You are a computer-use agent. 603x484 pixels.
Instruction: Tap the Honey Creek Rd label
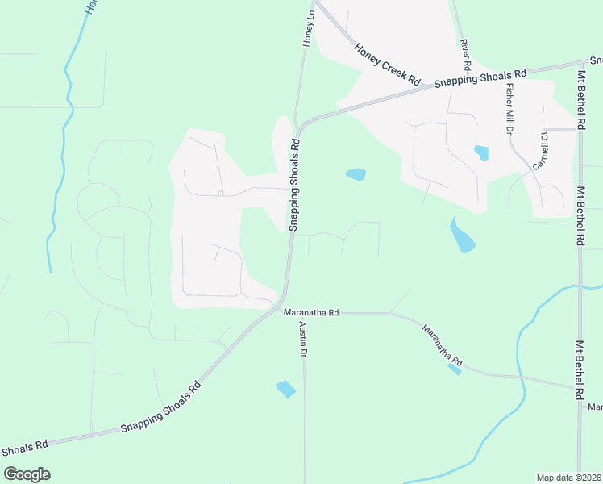click(388, 64)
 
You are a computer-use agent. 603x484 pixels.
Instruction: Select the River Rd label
click(465, 53)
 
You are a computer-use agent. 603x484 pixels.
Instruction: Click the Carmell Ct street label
click(540, 152)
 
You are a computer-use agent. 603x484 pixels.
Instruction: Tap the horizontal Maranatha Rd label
click(310, 311)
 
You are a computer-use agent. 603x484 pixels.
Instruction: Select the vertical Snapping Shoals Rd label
click(294, 185)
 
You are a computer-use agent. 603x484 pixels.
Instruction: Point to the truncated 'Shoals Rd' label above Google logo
click(24, 446)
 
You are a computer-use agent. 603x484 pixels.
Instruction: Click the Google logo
click(27, 474)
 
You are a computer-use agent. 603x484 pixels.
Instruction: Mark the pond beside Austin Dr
click(285, 389)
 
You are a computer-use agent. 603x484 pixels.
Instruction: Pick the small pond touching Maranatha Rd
click(455, 369)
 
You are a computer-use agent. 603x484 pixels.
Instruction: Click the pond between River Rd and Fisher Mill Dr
click(482, 152)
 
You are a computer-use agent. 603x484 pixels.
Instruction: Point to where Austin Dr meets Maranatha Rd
click(304, 313)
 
